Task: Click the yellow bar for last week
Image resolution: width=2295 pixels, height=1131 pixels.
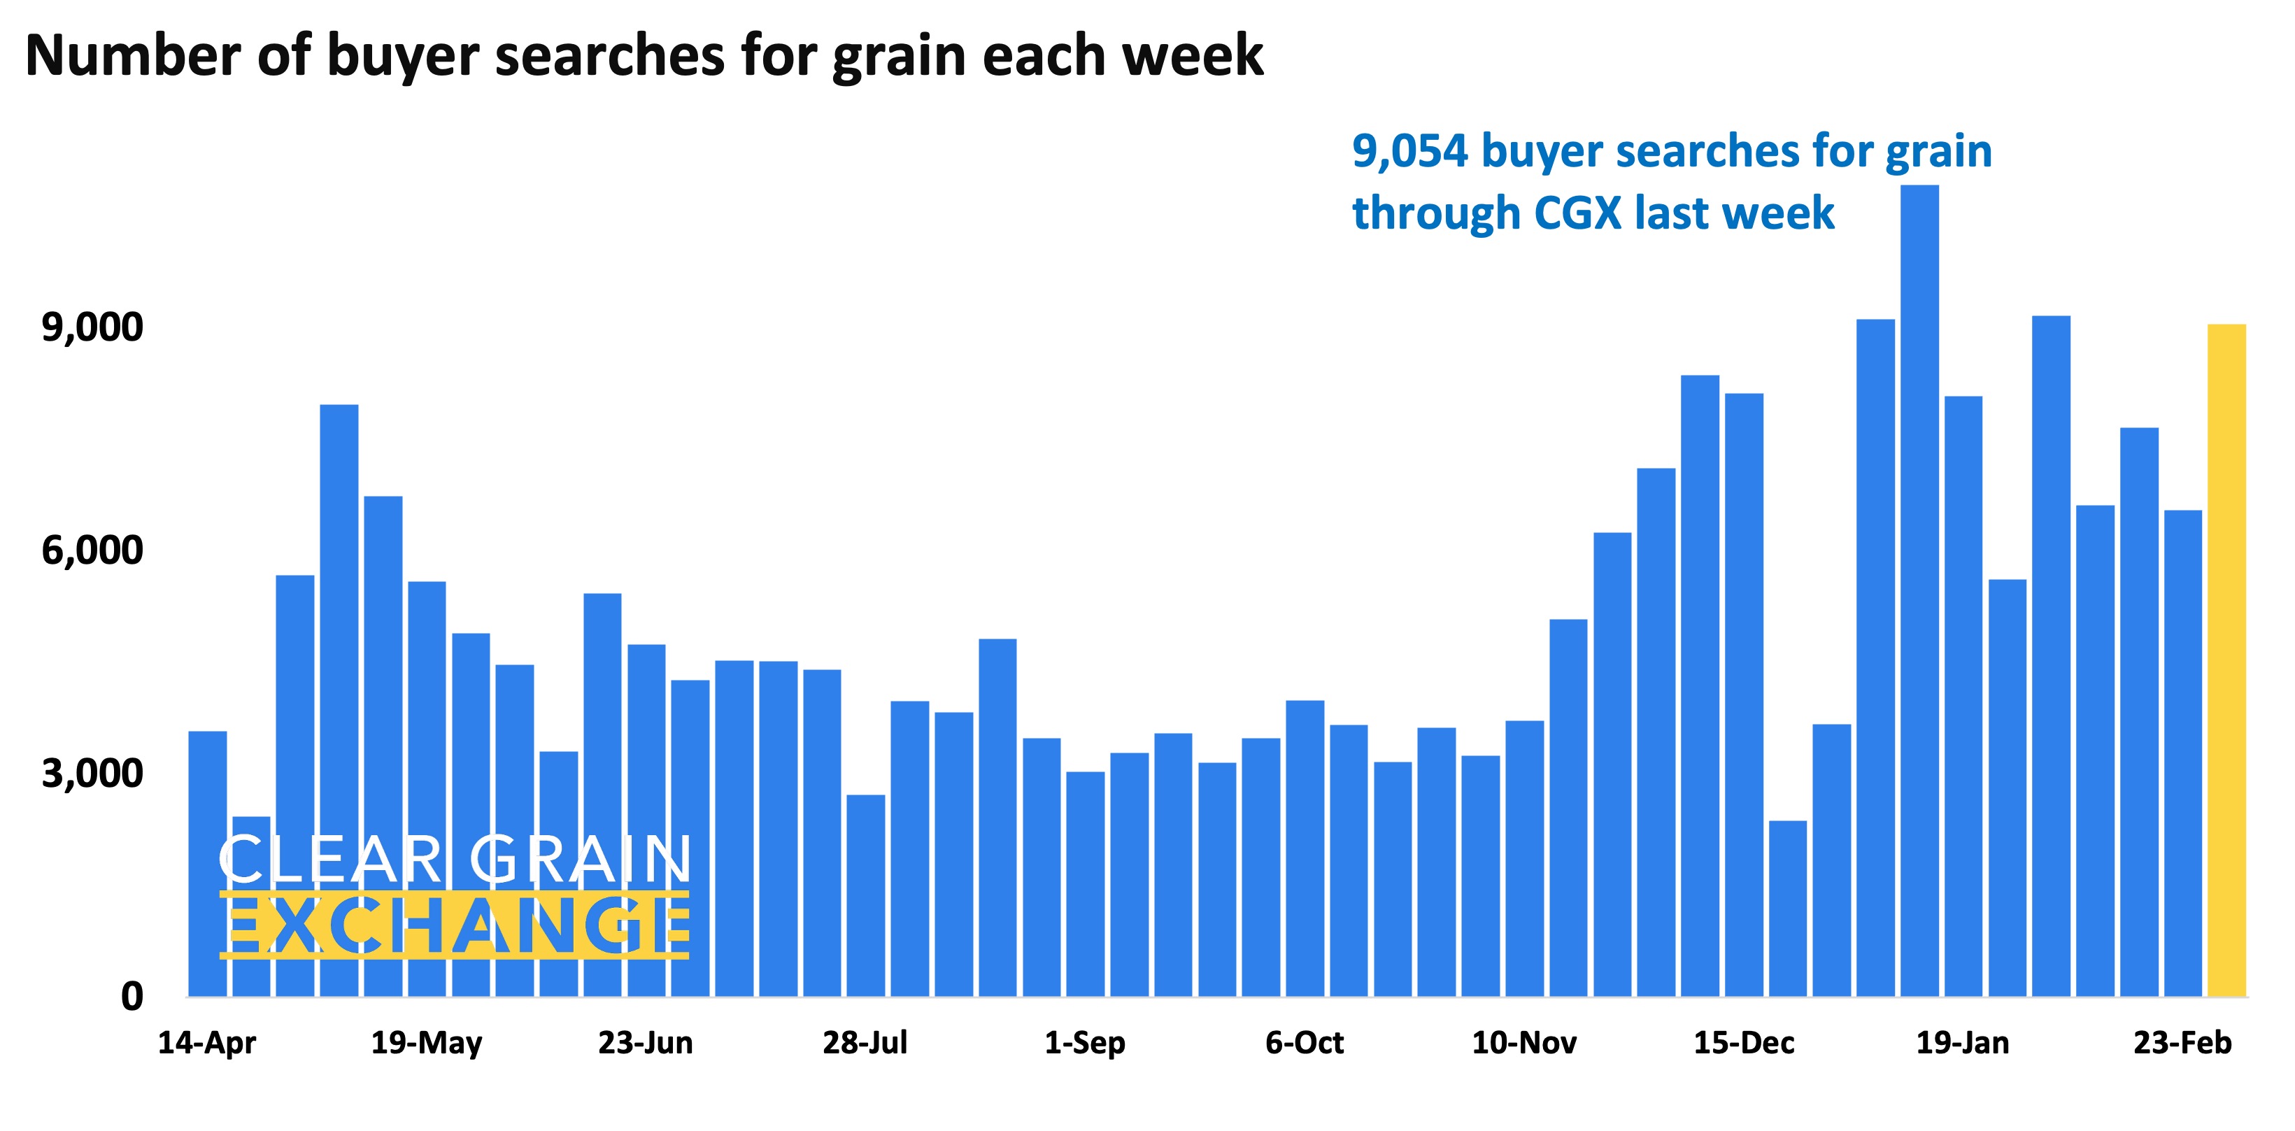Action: point(2226,659)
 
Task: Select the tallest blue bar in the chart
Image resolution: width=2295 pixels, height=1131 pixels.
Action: point(1919,588)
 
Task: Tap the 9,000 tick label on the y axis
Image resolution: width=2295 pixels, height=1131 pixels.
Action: point(92,328)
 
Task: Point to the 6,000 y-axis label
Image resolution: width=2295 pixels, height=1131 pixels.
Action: point(92,550)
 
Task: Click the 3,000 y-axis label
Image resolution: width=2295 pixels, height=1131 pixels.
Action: point(92,773)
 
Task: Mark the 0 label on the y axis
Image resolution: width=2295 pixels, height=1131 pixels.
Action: point(132,995)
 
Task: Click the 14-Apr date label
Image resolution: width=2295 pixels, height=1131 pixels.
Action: point(206,1042)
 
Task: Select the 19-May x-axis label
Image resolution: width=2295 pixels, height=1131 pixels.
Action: point(426,1042)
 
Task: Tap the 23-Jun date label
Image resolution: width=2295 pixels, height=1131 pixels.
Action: point(645,1042)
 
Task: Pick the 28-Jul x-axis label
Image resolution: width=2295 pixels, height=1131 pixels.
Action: point(864,1042)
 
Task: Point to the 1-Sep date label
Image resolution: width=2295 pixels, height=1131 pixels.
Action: point(1084,1042)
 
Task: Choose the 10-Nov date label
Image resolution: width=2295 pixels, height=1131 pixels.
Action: point(1523,1042)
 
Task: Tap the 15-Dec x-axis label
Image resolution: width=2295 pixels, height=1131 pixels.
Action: point(1744,1042)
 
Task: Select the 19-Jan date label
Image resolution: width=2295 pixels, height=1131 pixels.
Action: point(1963,1042)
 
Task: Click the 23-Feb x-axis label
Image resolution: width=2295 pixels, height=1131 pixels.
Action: point(2182,1042)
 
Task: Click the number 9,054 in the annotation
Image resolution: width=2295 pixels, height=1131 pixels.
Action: point(1409,151)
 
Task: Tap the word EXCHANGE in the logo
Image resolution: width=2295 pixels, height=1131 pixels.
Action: point(456,926)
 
